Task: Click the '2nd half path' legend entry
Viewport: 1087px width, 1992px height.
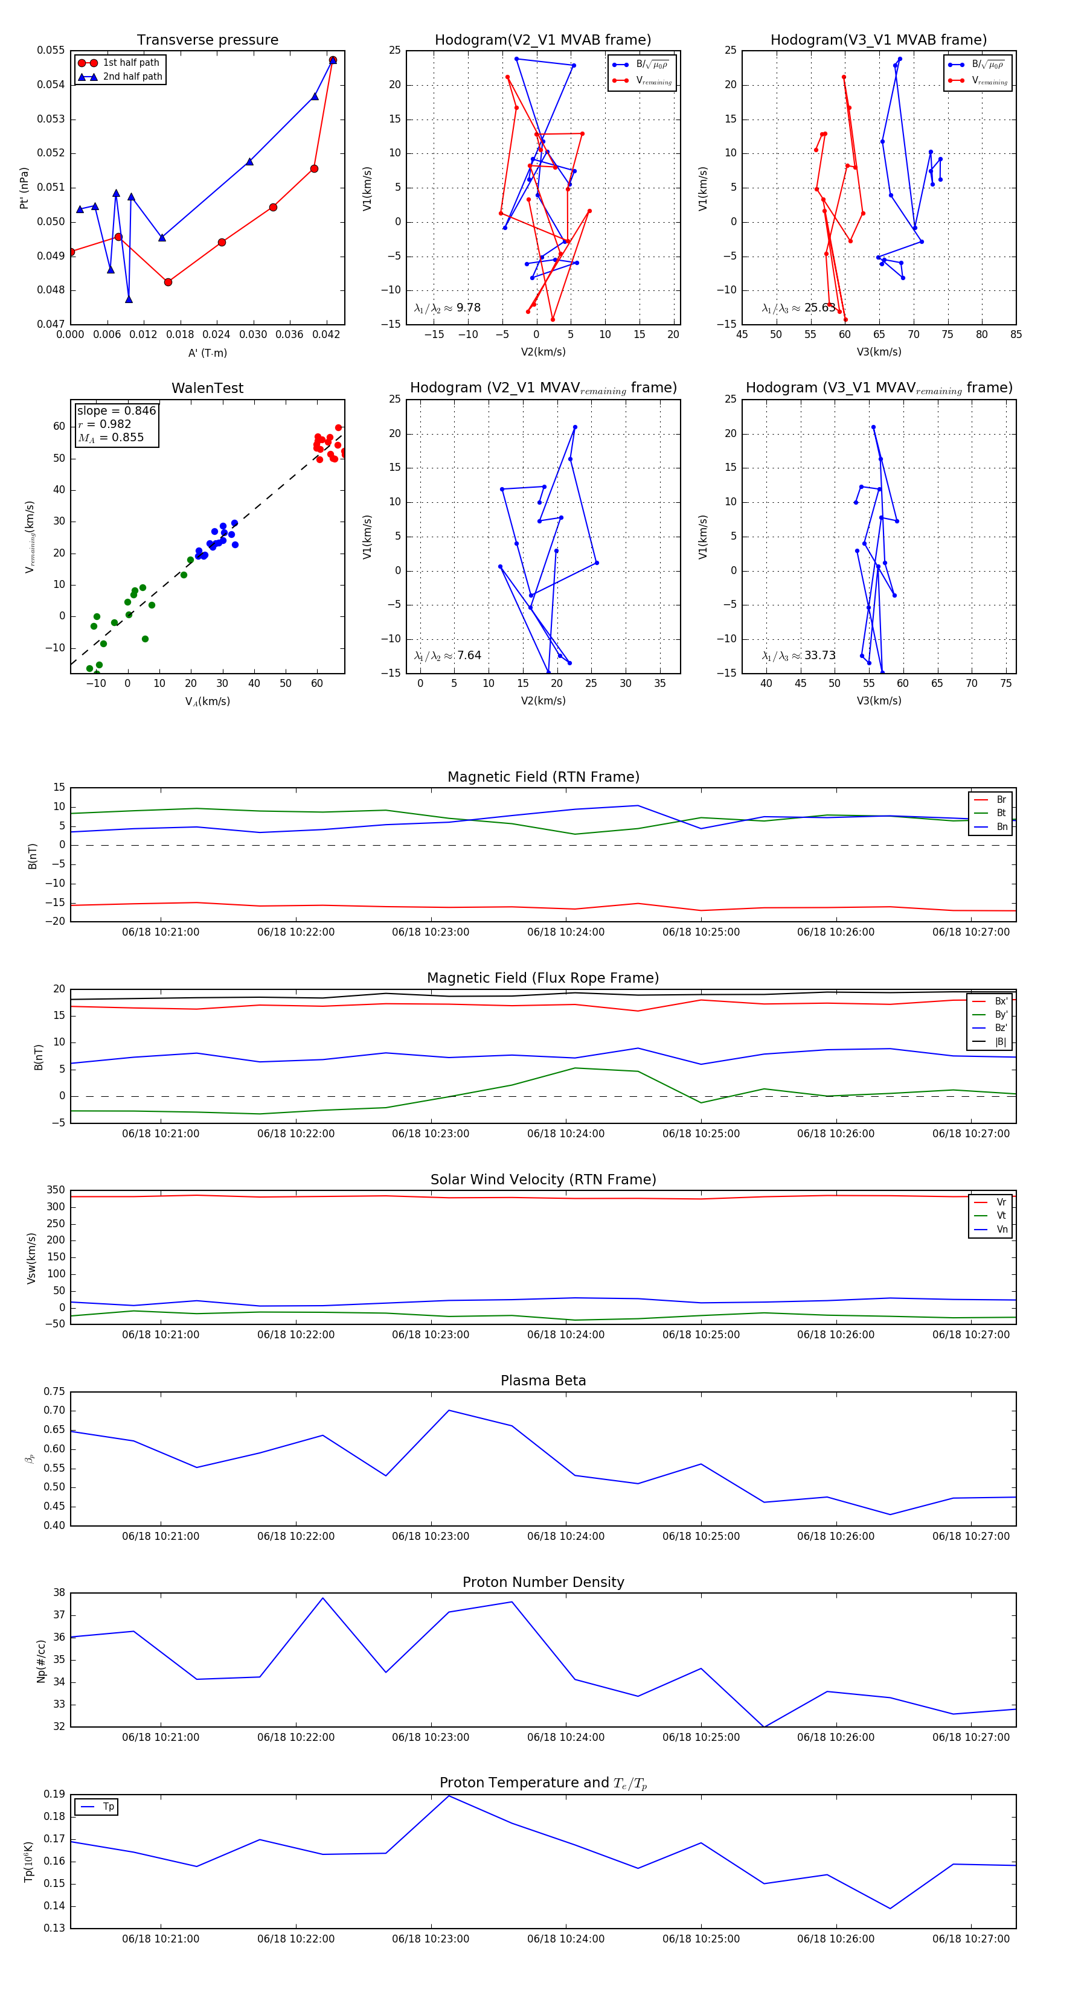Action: pos(132,77)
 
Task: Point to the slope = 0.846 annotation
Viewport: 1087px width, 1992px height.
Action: pos(116,410)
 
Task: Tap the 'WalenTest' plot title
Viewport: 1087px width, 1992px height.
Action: pos(207,388)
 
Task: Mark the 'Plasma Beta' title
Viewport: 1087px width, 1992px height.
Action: pos(543,1381)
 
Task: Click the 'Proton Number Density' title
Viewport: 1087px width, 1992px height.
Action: pos(543,1582)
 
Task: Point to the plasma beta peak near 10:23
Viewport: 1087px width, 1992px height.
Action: pos(449,1411)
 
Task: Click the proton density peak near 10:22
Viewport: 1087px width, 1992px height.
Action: pos(322,1598)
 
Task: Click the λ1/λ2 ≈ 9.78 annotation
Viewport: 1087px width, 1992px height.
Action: pos(447,308)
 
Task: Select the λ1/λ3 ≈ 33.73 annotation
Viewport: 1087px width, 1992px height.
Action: pos(798,656)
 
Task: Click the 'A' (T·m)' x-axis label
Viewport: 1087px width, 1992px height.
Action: pos(207,353)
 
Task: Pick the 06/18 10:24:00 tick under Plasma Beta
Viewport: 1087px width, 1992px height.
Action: pos(566,1536)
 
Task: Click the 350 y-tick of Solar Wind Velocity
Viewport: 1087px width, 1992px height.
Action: pos(55,1191)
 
